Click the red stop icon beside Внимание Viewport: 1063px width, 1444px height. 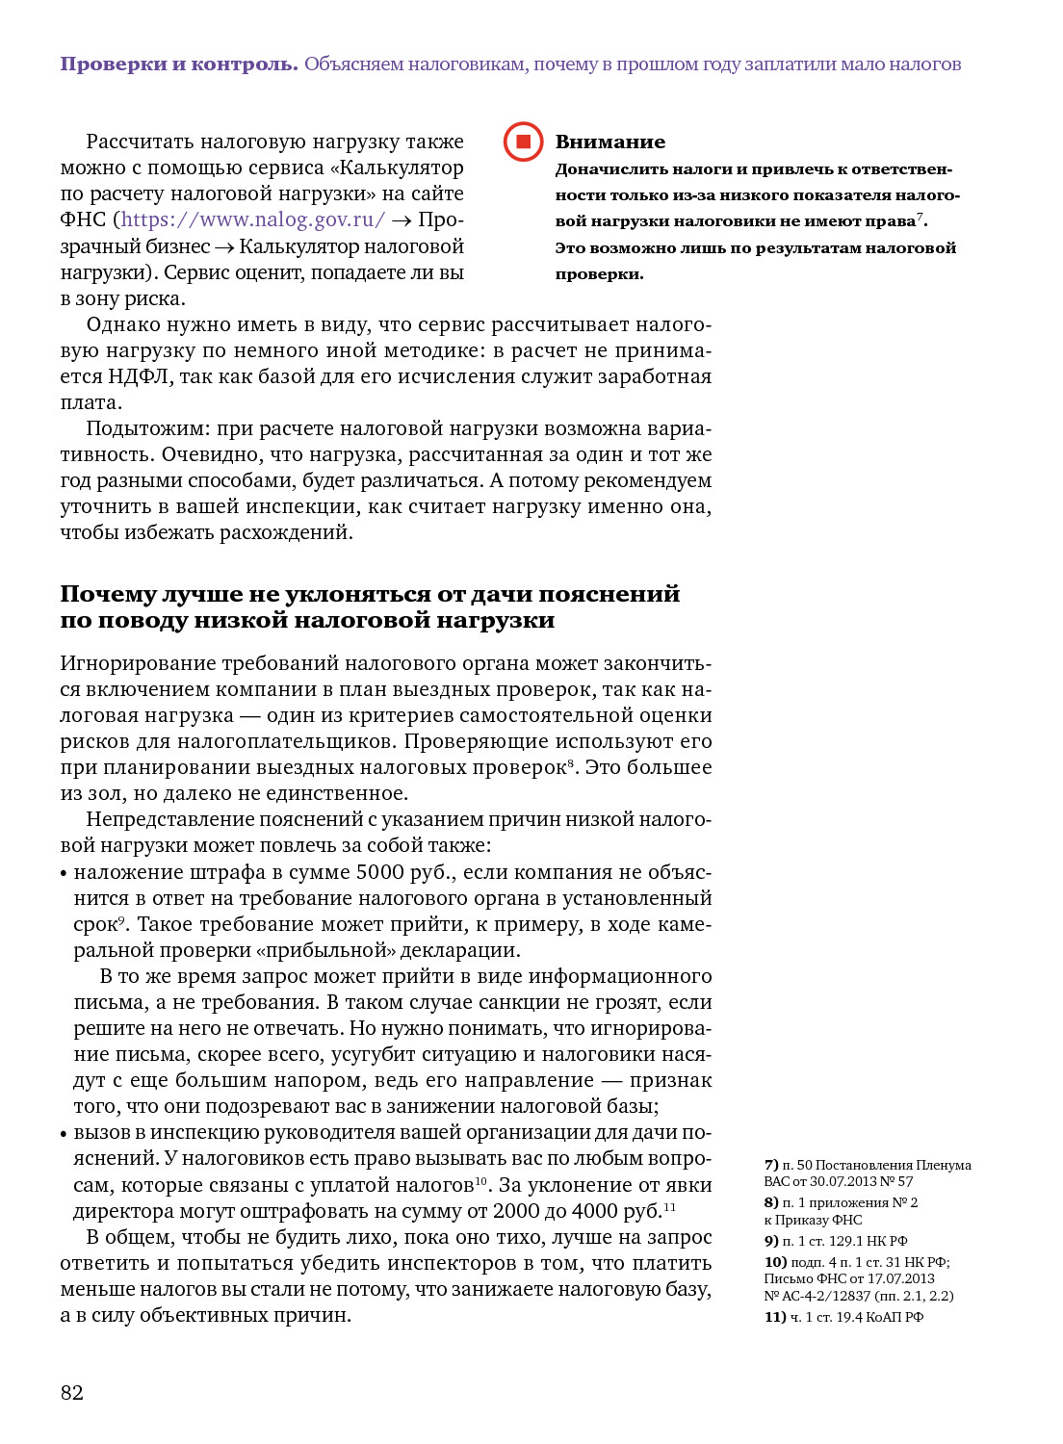[523, 142]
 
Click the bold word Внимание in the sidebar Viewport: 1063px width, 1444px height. [609, 142]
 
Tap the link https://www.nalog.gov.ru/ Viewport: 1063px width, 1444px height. [253, 219]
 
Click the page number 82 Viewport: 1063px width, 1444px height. [72, 1392]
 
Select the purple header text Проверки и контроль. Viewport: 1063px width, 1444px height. [179, 64]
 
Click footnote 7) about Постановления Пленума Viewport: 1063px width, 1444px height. [867, 1173]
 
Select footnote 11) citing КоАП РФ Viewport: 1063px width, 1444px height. [843, 1317]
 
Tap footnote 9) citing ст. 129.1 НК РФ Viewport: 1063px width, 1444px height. [836, 1241]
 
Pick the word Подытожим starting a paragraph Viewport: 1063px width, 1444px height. [146, 428]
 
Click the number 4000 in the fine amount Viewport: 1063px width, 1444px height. [595, 1211]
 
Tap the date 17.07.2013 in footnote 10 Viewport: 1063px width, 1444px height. [899, 1278]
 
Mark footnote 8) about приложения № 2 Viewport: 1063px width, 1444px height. [841, 1211]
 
